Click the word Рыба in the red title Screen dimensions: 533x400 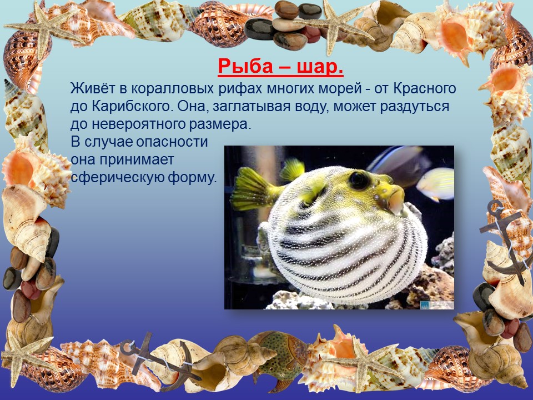tap(244, 66)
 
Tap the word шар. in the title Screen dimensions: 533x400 tap(320, 66)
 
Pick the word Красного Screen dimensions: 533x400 tap(425, 89)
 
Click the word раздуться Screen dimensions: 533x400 tap(415, 107)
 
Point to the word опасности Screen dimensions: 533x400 tap(172, 142)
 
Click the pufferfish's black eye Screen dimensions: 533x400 tap(358, 180)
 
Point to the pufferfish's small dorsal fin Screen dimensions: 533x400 tap(292, 169)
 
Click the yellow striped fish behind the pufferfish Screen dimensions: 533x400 tap(435, 184)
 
